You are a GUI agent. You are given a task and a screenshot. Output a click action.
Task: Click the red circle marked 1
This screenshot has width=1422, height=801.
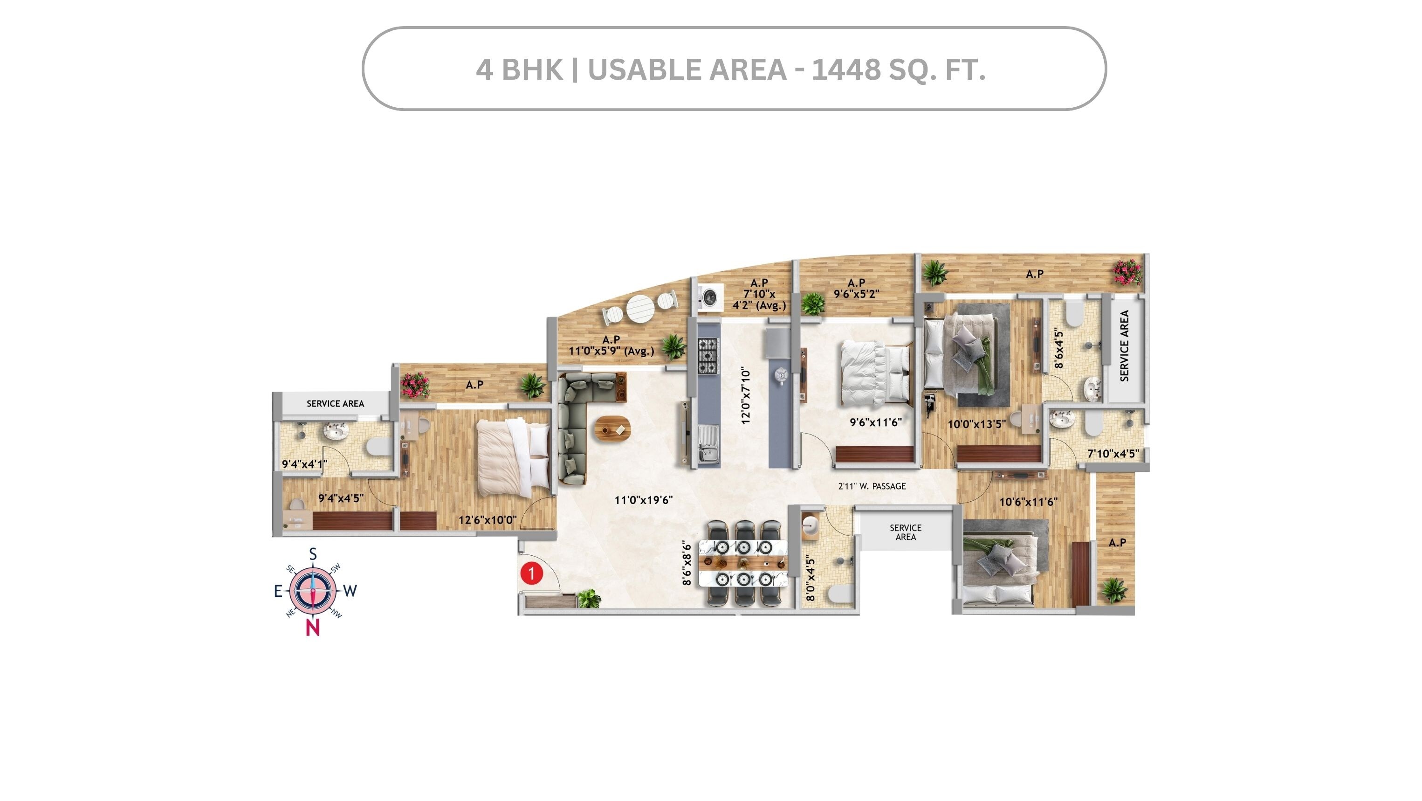point(531,573)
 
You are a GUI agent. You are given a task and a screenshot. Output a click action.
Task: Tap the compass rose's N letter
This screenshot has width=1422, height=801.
point(312,628)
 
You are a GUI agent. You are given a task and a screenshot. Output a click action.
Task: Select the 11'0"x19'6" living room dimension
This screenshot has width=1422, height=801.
point(643,500)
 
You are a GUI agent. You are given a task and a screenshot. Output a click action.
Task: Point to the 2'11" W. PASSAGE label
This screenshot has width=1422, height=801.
point(872,486)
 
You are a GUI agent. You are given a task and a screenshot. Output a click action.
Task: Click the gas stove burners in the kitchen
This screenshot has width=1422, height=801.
point(708,356)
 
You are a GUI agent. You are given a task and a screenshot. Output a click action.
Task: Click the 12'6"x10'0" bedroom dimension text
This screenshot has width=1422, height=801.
point(488,520)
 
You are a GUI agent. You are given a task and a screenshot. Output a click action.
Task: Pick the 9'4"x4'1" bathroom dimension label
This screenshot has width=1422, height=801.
point(305,464)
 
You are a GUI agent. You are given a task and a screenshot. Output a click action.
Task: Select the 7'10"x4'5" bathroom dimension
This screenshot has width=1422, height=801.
point(1113,454)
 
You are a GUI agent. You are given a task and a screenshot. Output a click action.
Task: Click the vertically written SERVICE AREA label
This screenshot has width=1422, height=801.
point(1124,345)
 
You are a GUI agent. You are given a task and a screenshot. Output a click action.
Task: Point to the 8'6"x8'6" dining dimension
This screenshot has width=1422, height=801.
point(687,563)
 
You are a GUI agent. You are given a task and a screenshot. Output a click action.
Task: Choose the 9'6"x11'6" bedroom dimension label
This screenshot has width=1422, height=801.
point(875,422)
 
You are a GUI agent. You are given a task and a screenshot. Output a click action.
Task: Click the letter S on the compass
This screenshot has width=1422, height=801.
point(312,554)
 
